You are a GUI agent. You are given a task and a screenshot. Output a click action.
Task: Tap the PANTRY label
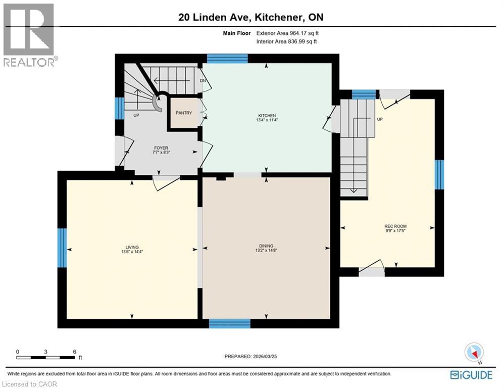(x=183, y=113)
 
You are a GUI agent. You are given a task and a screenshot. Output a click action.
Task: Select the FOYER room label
(x=160, y=148)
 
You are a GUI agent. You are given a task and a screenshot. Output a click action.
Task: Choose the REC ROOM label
(x=395, y=226)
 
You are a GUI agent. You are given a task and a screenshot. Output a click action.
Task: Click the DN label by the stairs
(x=203, y=80)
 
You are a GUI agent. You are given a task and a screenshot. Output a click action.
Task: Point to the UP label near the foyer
(x=136, y=115)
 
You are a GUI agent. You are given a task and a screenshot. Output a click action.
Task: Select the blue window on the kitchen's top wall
(x=227, y=59)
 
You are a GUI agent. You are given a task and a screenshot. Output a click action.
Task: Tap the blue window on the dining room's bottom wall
(x=230, y=323)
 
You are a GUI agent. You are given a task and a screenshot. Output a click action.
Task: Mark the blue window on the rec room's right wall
(x=439, y=174)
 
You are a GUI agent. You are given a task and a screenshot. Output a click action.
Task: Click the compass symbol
(x=474, y=352)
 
